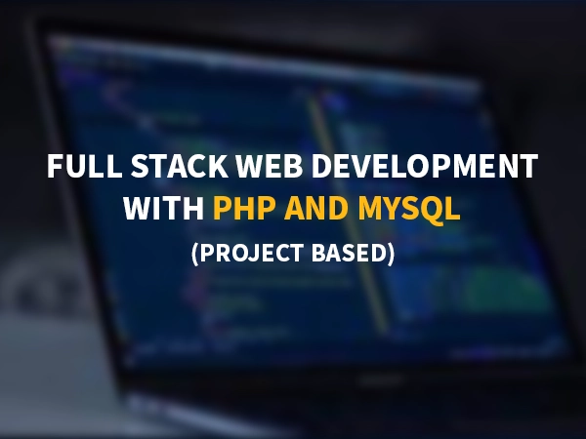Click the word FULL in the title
click(x=84, y=166)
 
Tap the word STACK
click(x=180, y=166)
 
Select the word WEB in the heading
click(x=270, y=166)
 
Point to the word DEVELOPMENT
click(x=425, y=166)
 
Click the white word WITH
click(x=164, y=208)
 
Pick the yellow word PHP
click(x=244, y=208)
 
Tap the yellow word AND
click(x=316, y=208)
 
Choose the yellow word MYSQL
click(x=409, y=209)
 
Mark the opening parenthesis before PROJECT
click(x=194, y=254)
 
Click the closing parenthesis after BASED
click(x=391, y=254)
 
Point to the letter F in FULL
click(x=55, y=166)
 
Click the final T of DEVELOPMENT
click(x=528, y=166)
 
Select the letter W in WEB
click(x=250, y=166)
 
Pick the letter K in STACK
click(x=219, y=166)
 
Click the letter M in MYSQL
click(x=371, y=208)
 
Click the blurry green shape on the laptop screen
click(x=501, y=291)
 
